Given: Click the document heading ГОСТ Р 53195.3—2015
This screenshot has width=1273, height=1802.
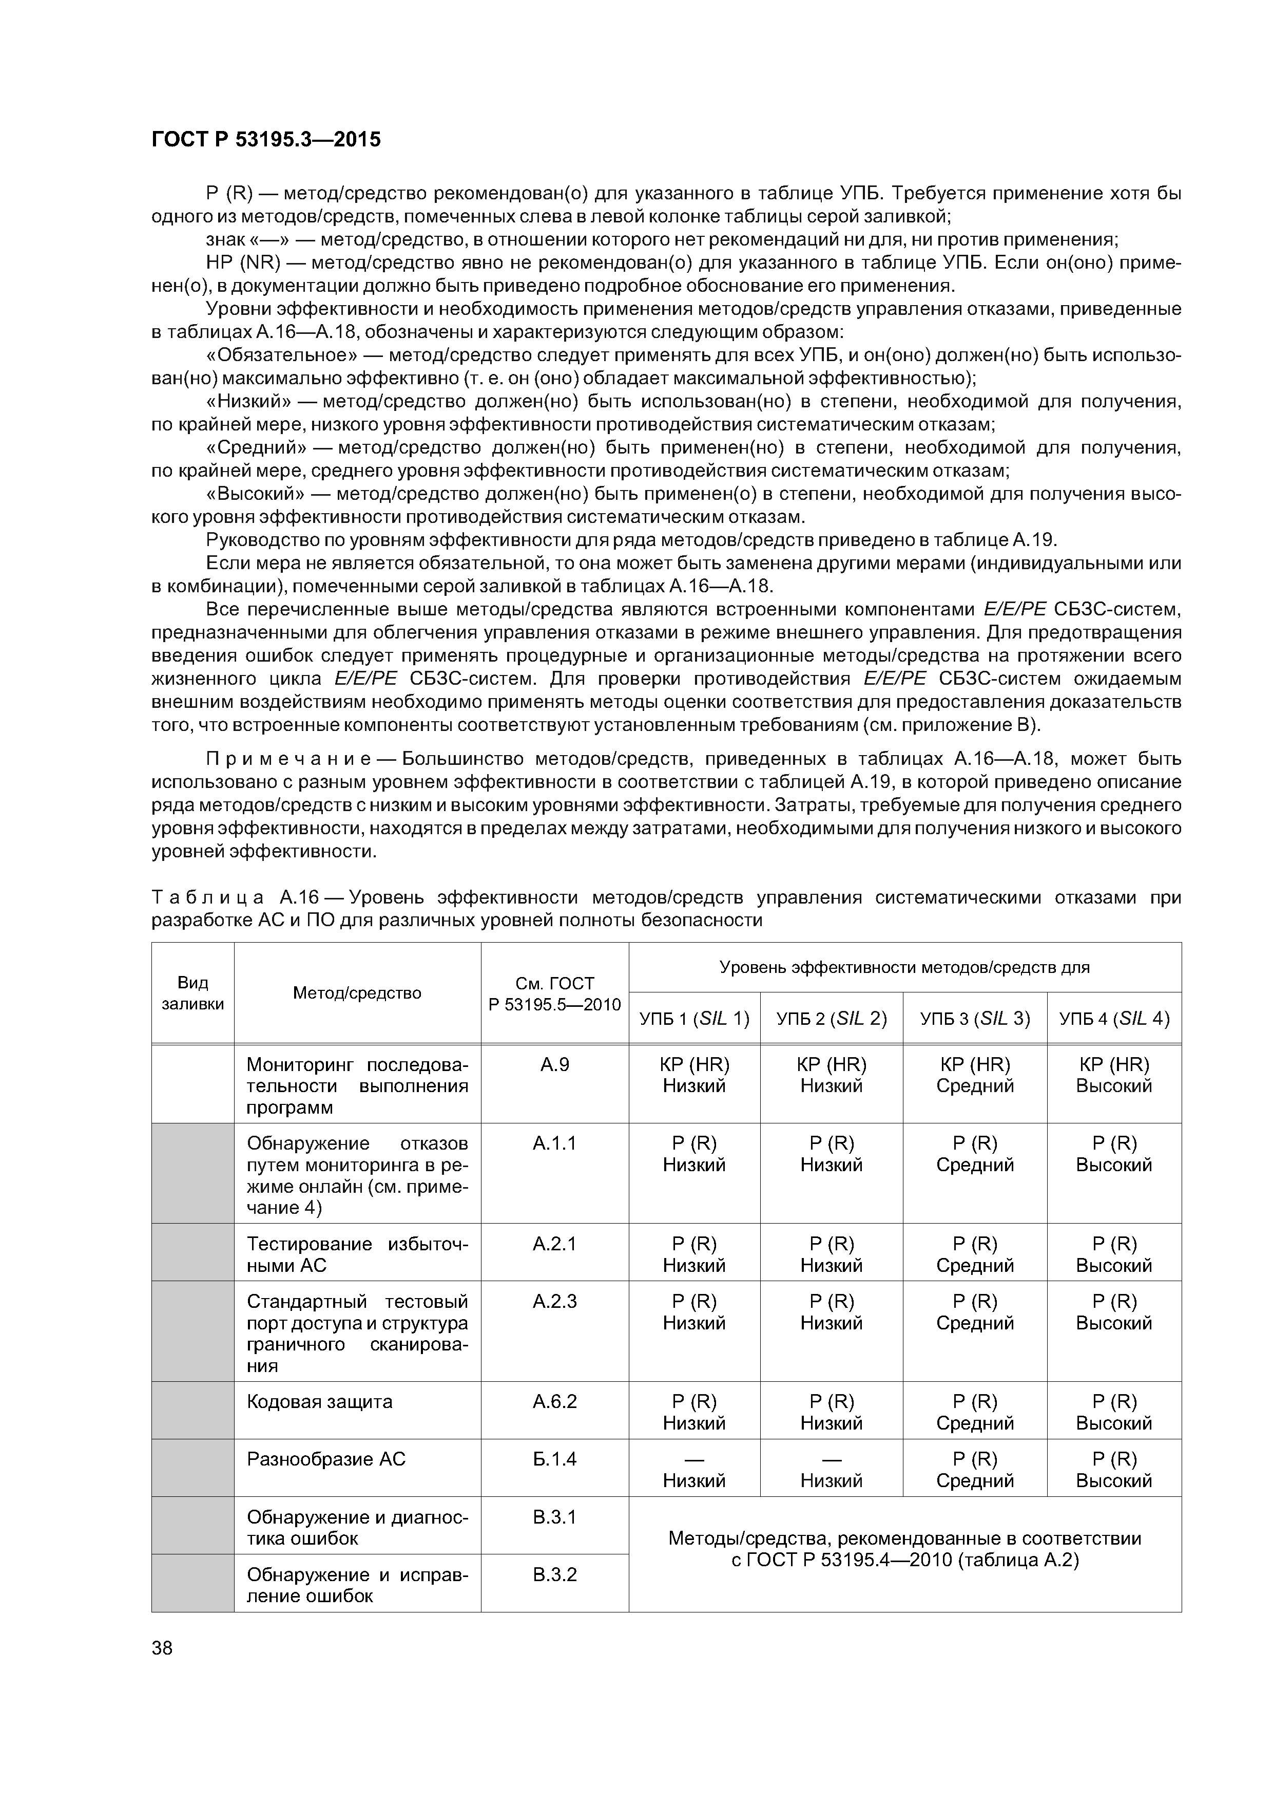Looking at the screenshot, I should coord(265,140).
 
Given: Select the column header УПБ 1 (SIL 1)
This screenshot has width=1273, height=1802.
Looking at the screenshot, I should coord(694,1018).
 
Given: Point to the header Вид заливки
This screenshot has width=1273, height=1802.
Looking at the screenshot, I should coord(192,993).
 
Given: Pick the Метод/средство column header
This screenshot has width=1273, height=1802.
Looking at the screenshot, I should coord(357,993).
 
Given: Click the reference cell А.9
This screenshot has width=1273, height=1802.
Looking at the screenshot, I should coord(554,1064).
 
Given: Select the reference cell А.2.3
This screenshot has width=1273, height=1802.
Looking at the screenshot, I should coord(554,1301).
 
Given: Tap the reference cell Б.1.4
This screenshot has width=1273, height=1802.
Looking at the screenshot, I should coord(554,1459).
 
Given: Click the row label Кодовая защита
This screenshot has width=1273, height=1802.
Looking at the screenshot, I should coord(319,1402).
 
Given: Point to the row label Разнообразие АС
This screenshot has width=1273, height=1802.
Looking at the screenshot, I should coord(326,1459).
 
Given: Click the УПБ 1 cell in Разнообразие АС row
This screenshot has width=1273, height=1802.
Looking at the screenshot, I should coord(694,1470).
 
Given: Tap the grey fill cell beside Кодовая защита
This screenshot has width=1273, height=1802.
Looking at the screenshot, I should coord(192,1413).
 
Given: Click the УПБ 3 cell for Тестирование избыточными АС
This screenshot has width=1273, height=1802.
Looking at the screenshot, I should coord(974,1254).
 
